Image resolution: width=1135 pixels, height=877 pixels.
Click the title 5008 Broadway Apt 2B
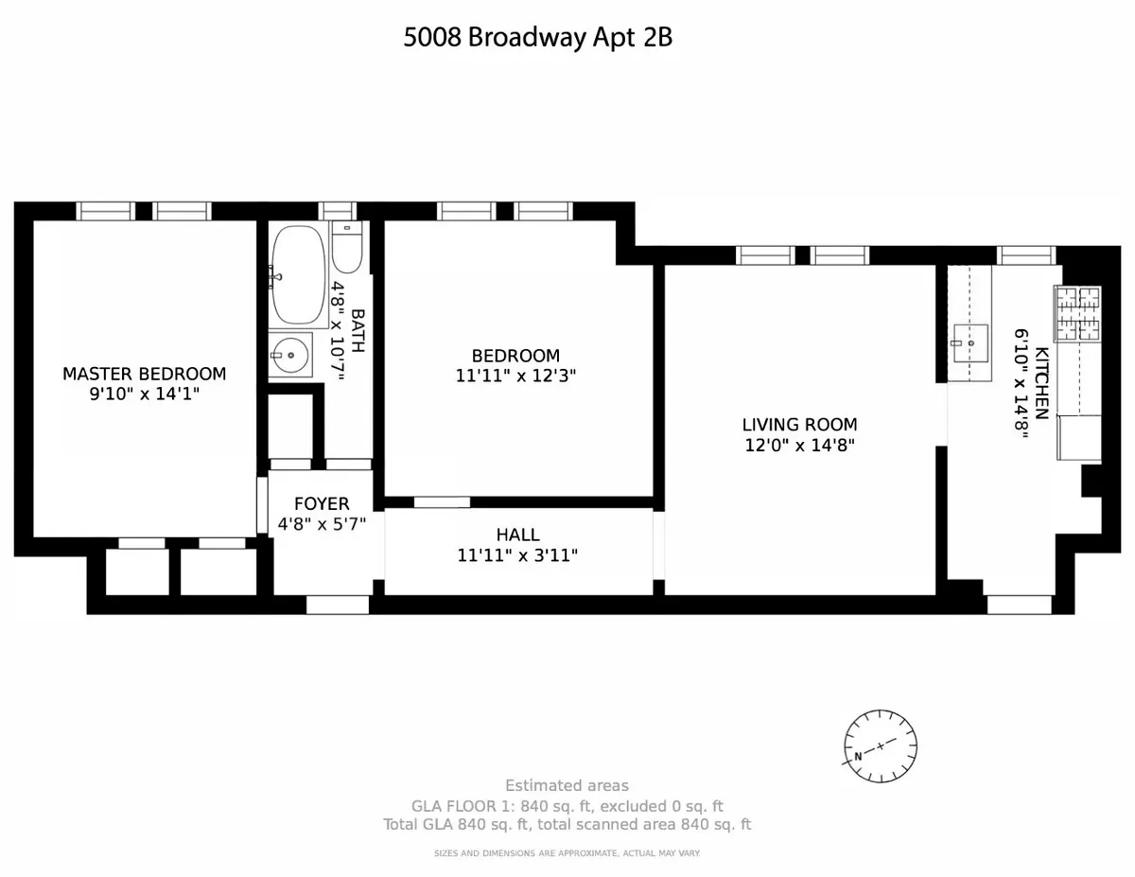[538, 39]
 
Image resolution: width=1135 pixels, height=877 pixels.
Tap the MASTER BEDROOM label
[145, 374]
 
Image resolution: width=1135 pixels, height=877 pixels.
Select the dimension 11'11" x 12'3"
[516, 375]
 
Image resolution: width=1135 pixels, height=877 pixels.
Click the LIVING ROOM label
[799, 425]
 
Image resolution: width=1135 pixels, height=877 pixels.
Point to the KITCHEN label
[1041, 383]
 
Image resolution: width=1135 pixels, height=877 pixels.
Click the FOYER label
[322, 504]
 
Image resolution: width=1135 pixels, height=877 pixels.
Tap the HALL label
[517, 535]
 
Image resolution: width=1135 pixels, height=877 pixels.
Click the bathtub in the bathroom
[299, 276]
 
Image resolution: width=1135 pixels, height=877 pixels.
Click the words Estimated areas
[567, 785]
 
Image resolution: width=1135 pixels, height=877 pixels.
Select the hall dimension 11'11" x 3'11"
[517, 555]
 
